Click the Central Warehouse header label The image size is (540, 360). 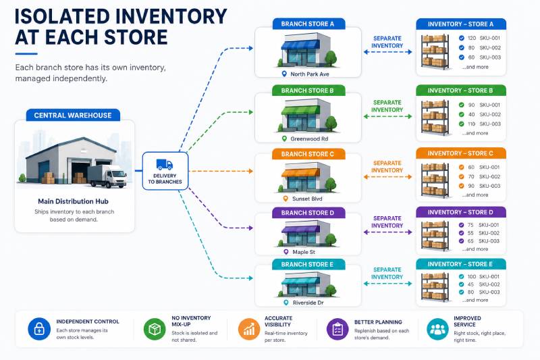[x=73, y=115]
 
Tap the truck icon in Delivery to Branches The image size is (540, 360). [x=165, y=164]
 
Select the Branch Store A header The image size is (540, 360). [x=308, y=24]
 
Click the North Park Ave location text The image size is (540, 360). [x=310, y=74]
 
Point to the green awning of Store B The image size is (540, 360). [x=300, y=110]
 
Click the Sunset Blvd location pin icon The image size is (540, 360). [x=285, y=199]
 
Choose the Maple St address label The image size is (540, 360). [x=304, y=252]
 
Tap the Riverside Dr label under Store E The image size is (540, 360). [x=308, y=303]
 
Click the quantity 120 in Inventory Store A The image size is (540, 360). [x=472, y=38]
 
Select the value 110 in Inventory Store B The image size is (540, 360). [x=471, y=124]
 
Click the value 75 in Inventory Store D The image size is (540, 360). [x=470, y=225]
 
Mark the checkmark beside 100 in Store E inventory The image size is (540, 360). [x=461, y=276]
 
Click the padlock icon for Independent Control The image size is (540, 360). [x=39, y=329]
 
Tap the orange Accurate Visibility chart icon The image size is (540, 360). [x=249, y=329]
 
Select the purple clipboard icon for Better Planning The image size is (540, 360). [x=337, y=329]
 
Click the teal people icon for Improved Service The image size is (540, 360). [x=437, y=329]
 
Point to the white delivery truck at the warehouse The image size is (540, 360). [x=107, y=176]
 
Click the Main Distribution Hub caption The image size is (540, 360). [x=73, y=201]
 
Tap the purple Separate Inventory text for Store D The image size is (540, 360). [x=387, y=222]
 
